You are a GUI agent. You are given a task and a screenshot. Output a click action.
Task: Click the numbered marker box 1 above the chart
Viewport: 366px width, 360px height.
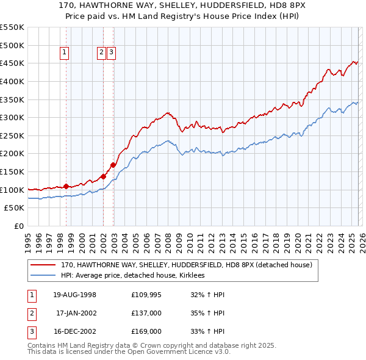pos(65,53)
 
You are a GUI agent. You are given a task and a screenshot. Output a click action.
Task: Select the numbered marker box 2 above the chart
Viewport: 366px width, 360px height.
pos(101,53)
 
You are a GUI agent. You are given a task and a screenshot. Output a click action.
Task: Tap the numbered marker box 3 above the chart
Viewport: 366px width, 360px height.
pos(112,53)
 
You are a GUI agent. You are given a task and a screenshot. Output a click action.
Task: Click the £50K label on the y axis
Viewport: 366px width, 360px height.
pos(15,207)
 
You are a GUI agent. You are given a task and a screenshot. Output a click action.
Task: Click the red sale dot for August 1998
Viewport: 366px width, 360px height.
pos(66,185)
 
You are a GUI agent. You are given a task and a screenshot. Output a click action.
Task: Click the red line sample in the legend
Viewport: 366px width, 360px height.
pos(44,265)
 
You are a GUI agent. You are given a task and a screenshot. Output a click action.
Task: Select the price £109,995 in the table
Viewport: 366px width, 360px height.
pos(146,295)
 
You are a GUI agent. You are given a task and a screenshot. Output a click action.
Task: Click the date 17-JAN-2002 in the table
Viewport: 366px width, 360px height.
pos(76,312)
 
